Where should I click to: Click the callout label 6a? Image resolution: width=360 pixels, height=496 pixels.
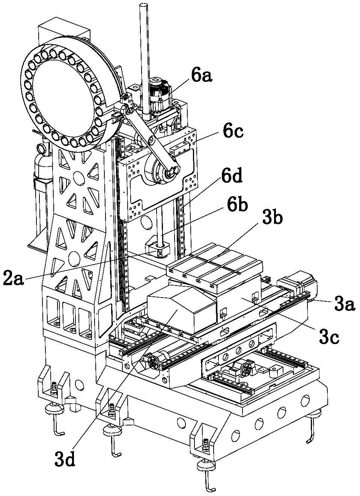(x=202, y=76)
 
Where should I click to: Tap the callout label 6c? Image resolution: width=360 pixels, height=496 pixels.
(x=233, y=132)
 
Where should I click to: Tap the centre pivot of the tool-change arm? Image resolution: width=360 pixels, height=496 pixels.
(x=151, y=140)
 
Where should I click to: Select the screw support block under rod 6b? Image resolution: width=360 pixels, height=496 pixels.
(x=157, y=250)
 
